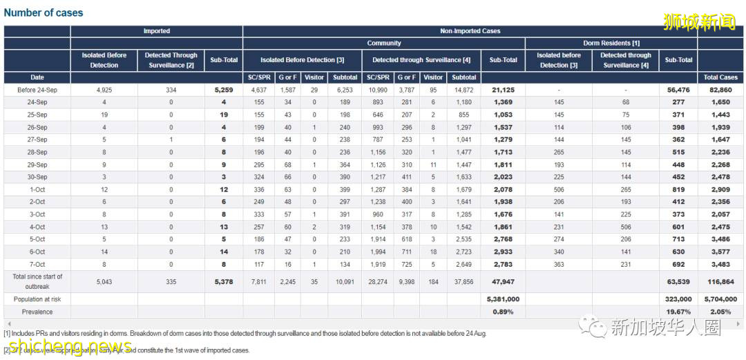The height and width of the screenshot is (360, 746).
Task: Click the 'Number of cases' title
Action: pos(44,12)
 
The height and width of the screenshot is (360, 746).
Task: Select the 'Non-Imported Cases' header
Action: pos(470,31)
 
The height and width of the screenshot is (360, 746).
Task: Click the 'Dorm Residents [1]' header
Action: pos(611,43)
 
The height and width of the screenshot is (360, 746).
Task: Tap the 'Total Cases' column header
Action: pos(720,77)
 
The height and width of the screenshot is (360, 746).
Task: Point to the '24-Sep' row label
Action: pos(37,102)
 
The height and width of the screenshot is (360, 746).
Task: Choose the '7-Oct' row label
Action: pos(37,264)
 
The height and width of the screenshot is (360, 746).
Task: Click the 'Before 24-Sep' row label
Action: pos(37,90)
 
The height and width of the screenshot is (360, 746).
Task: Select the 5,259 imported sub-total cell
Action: pos(224,90)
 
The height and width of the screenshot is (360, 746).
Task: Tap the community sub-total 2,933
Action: pos(504,252)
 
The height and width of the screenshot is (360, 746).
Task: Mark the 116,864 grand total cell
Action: pos(721,282)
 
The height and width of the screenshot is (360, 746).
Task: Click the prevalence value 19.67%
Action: pos(679,312)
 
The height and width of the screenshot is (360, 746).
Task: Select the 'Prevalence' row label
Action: pos(37,312)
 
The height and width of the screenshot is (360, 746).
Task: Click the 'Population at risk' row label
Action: pos(37,299)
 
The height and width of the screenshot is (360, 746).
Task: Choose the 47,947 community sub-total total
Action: pos(504,282)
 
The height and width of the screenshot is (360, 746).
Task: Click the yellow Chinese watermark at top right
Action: pos(698,21)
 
